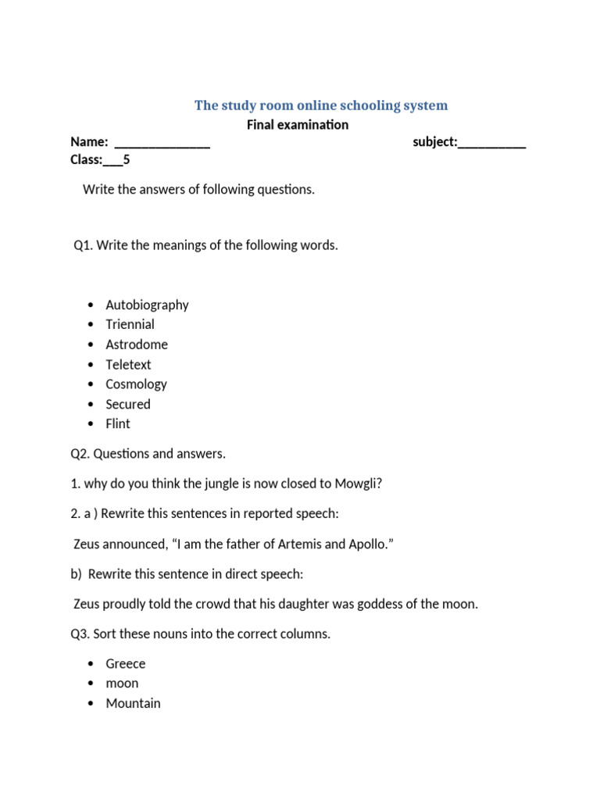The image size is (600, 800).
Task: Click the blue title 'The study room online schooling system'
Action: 321,105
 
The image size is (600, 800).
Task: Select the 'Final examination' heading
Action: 298,125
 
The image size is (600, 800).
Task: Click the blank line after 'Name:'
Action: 162,143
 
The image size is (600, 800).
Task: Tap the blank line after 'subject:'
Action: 491,143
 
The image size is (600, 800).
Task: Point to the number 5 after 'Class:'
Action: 127,160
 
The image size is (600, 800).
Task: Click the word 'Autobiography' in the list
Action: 147,305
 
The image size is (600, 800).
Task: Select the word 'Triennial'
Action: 130,324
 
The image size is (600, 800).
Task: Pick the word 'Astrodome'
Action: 137,345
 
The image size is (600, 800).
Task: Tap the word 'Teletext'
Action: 128,365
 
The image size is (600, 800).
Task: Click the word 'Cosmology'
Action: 136,384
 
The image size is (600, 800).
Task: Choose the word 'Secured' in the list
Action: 128,404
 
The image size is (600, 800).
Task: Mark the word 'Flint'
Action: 118,423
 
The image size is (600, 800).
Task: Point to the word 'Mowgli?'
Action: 359,484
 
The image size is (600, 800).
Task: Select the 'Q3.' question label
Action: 80,634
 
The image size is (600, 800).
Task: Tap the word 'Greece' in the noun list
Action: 126,663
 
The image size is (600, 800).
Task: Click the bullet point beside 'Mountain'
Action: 91,703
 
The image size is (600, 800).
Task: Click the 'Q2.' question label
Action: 80,454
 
